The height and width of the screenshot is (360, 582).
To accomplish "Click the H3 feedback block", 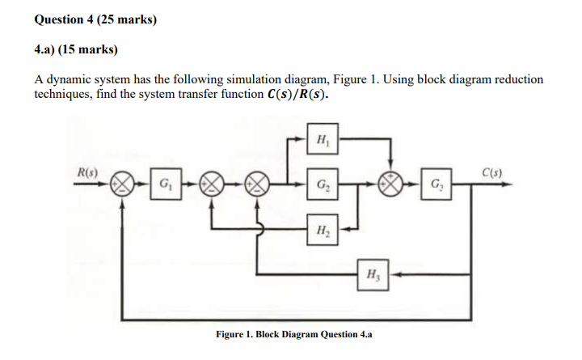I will (373, 273).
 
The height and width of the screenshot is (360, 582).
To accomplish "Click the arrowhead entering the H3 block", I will (391, 273).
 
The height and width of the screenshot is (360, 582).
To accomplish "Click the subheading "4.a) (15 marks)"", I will (76, 50).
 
